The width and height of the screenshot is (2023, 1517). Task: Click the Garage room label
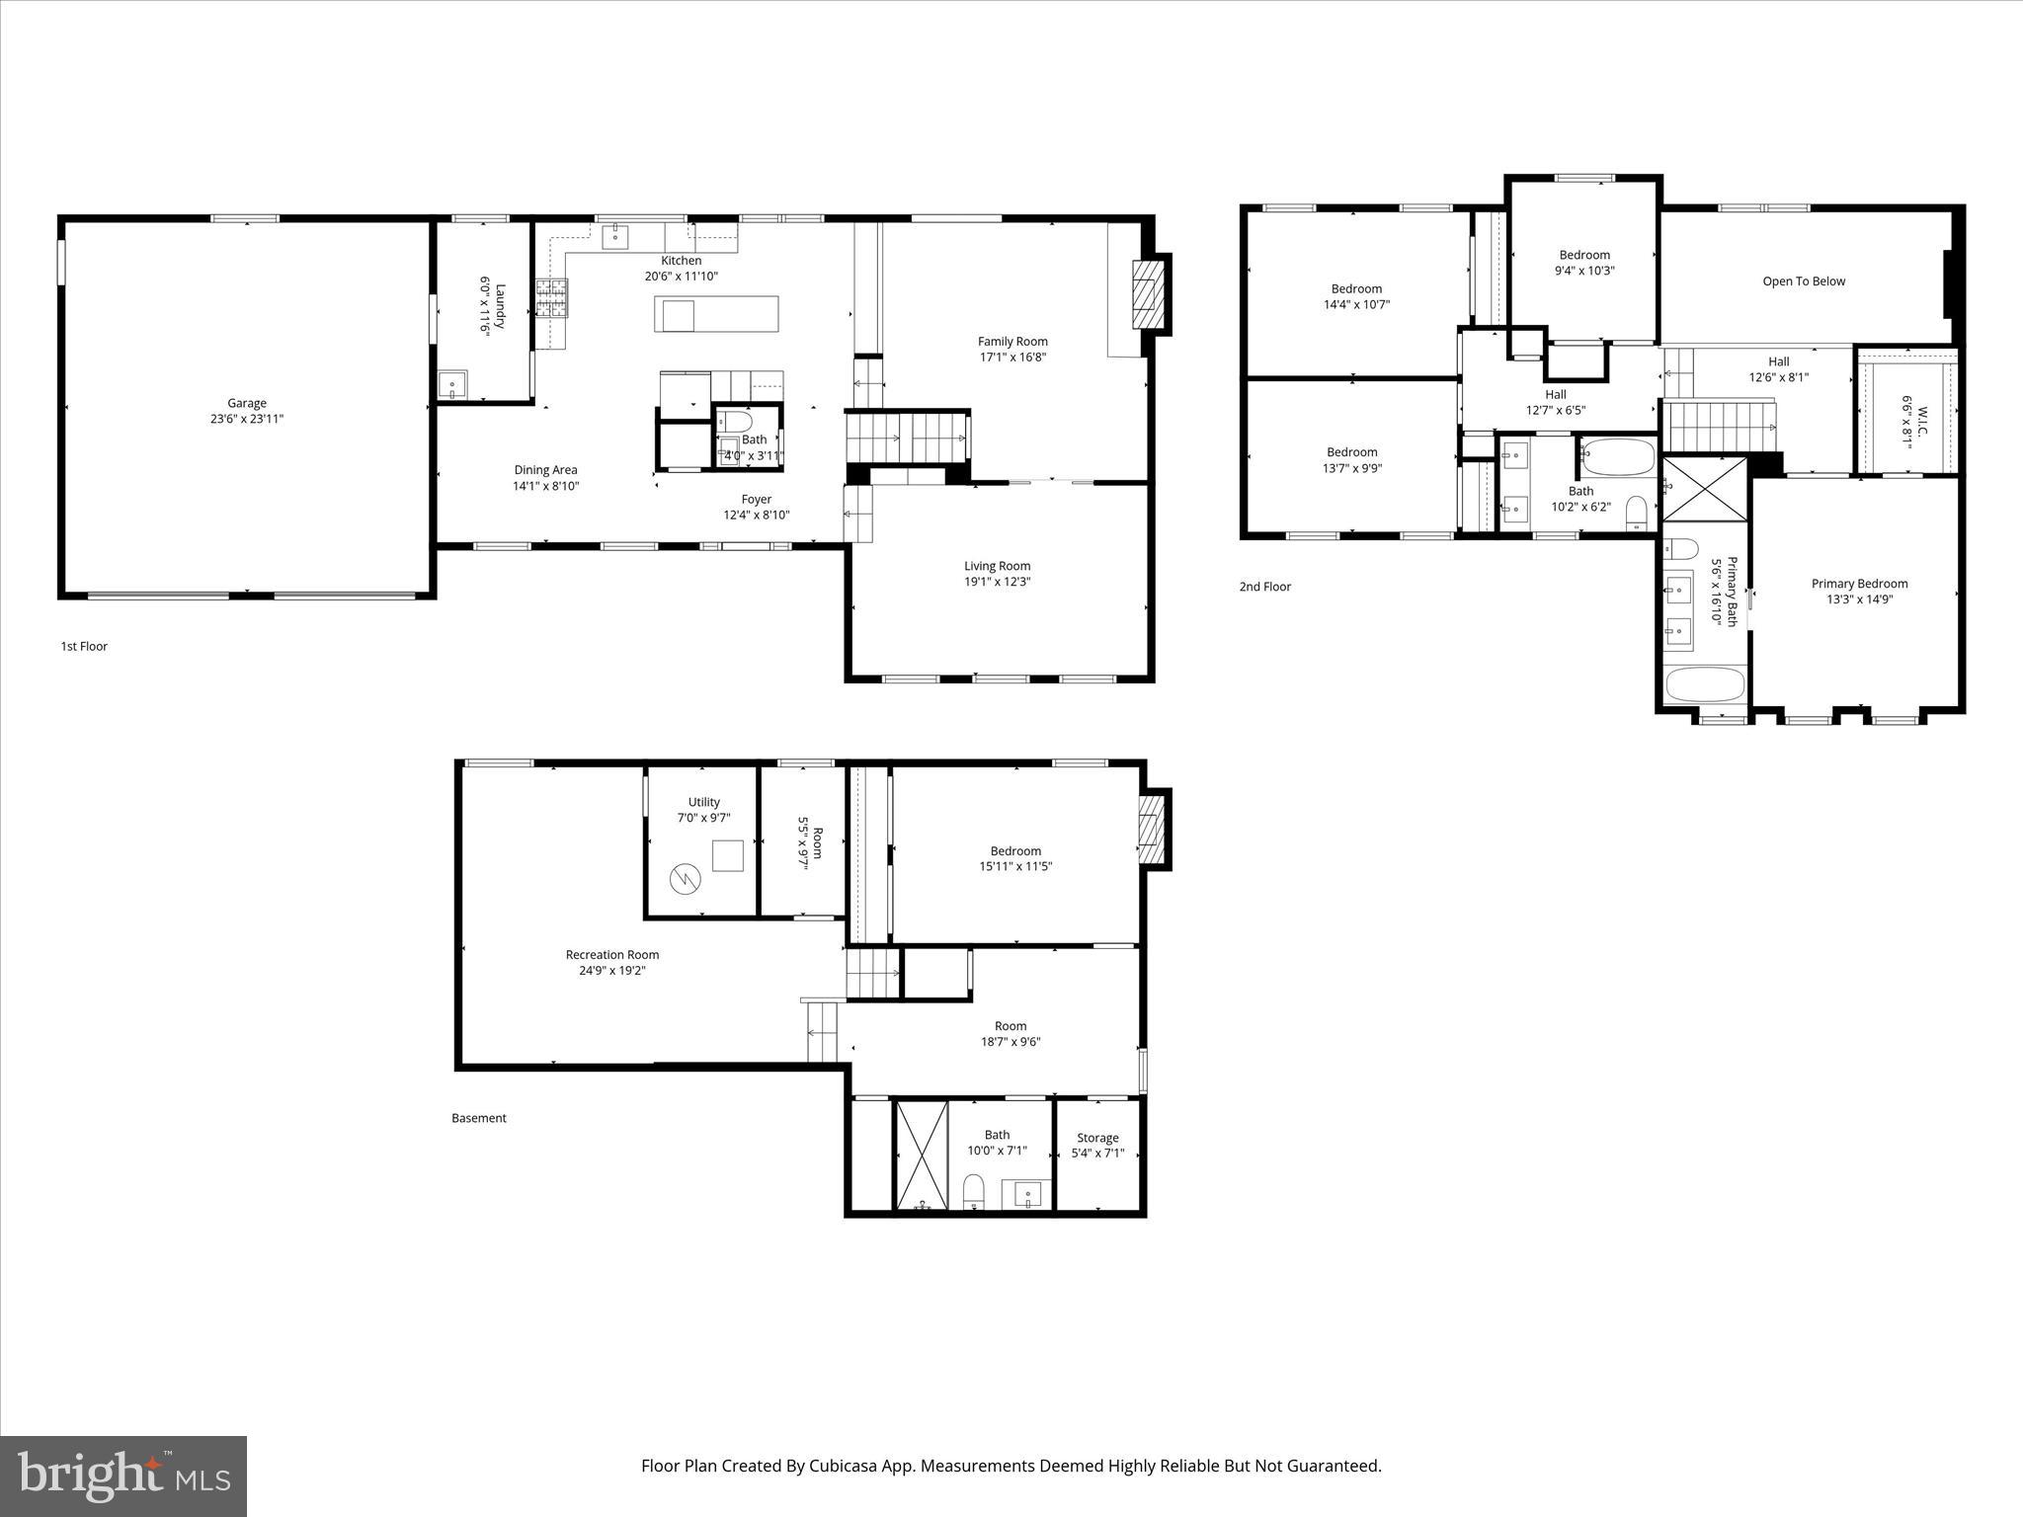[247, 403]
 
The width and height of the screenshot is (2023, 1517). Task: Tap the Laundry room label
[500, 307]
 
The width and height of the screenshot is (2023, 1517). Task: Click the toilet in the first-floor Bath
[728, 423]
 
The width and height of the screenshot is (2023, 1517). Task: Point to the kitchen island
[716, 314]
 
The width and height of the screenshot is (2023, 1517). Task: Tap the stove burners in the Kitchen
[551, 298]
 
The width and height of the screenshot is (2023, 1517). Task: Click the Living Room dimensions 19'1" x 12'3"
[998, 582]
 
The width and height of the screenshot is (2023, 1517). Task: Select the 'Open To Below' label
[1804, 281]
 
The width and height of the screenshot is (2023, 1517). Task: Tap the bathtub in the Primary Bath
[1705, 684]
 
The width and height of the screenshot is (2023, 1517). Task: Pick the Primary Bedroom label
[1859, 584]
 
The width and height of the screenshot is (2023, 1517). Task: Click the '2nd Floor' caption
[1264, 587]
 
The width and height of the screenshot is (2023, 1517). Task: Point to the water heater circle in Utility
[684, 878]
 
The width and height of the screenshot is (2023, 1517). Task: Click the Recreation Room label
[611, 955]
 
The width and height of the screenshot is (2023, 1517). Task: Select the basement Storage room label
[1097, 1138]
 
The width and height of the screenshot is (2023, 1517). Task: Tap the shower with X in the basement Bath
[921, 1153]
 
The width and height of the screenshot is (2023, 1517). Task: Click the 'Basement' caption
[478, 1118]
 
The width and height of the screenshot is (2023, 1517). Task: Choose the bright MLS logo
[123, 1475]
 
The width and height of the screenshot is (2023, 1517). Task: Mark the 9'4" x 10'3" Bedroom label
[1584, 255]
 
